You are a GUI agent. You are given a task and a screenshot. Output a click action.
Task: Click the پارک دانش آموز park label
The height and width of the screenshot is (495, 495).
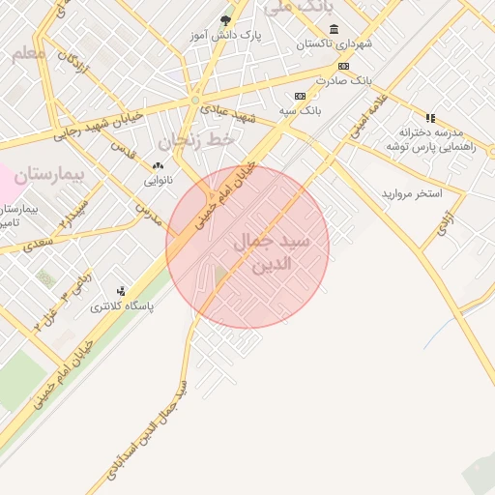tap(225, 36)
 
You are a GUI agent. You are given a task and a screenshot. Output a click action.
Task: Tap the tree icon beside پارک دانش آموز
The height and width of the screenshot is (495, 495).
tap(226, 19)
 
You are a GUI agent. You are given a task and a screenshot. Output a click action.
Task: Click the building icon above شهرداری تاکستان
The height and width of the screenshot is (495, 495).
tap(334, 29)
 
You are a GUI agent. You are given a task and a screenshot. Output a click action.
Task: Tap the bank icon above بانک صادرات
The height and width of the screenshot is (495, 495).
tap(343, 65)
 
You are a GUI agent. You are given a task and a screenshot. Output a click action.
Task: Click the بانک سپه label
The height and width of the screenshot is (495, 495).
tap(301, 111)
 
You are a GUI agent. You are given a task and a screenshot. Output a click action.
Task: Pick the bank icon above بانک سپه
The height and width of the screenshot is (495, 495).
tap(300, 96)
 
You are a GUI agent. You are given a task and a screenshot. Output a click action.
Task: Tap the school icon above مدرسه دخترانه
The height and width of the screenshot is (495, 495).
tap(430, 117)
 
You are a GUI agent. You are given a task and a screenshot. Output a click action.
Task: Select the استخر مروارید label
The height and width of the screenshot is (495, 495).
tap(411, 193)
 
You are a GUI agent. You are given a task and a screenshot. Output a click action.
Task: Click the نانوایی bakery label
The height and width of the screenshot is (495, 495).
tap(159, 181)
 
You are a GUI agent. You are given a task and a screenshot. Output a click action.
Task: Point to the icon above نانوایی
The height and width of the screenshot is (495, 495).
tap(159, 165)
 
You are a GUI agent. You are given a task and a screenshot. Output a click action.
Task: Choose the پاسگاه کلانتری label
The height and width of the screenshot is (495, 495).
tap(121, 306)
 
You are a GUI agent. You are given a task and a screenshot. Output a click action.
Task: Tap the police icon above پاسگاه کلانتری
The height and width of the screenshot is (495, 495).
tap(121, 291)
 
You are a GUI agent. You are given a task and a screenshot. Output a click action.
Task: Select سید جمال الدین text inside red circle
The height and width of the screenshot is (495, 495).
tap(273, 251)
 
